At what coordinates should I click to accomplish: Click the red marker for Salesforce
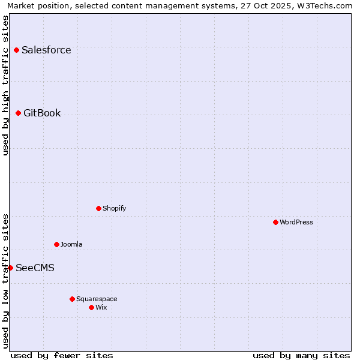(x=16, y=50)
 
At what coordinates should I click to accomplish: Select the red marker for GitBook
(x=18, y=113)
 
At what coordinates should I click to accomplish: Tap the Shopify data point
(x=98, y=208)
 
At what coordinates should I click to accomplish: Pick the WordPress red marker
(x=275, y=222)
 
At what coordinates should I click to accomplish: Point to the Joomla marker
(x=56, y=244)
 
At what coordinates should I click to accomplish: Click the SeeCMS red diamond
(x=10, y=268)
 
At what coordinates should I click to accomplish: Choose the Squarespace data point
(x=72, y=299)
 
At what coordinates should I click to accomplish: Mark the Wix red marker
(x=91, y=307)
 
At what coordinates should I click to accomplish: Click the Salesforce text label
(x=46, y=50)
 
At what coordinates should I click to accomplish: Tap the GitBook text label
(x=42, y=113)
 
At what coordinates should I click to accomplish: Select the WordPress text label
(x=296, y=222)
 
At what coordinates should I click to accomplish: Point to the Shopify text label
(x=114, y=208)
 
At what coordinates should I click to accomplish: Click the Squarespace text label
(x=97, y=299)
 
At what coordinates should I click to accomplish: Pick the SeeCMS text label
(x=35, y=268)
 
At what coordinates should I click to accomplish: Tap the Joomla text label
(x=71, y=244)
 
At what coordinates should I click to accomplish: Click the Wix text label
(x=101, y=307)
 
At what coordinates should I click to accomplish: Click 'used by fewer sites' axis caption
(x=62, y=355)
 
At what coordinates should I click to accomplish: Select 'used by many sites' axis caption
(x=301, y=355)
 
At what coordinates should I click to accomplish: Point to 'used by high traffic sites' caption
(x=5, y=85)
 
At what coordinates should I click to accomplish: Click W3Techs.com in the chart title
(x=323, y=5)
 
